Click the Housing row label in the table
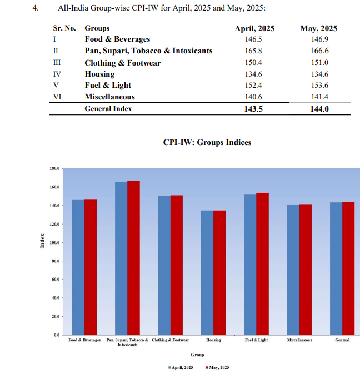click(99, 74)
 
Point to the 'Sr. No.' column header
click(64, 28)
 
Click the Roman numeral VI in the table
click(57, 97)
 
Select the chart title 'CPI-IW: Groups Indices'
click(207, 142)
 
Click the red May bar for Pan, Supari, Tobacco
click(133, 258)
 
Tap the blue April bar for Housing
click(207, 272)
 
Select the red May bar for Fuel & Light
click(262, 263)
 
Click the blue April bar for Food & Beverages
click(78, 267)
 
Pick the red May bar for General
click(348, 268)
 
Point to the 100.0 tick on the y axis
click(53, 243)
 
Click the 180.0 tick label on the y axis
click(53, 168)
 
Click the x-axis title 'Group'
click(197, 355)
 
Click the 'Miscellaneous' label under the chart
click(299, 340)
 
